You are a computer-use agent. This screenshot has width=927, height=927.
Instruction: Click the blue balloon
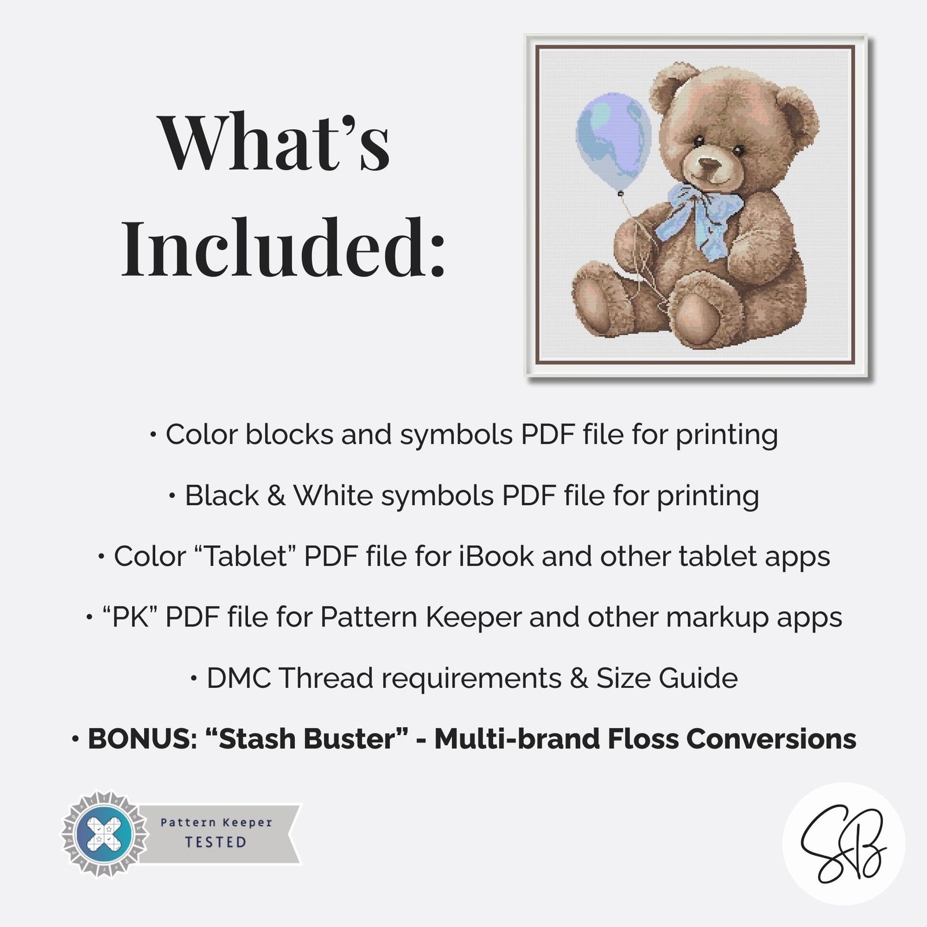(x=613, y=142)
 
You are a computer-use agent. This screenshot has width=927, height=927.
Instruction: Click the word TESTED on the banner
(x=216, y=842)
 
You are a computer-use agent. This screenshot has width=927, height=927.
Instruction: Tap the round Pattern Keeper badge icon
(x=105, y=834)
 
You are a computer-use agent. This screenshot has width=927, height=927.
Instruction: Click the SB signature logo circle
(x=844, y=844)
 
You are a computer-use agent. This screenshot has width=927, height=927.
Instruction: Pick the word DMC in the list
(x=238, y=678)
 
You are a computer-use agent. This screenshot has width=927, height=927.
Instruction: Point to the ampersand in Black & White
(x=276, y=496)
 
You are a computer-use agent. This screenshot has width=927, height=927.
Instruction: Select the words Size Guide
(x=667, y=678)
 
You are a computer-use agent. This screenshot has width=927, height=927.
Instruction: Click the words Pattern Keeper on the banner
(x=216, y=823)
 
